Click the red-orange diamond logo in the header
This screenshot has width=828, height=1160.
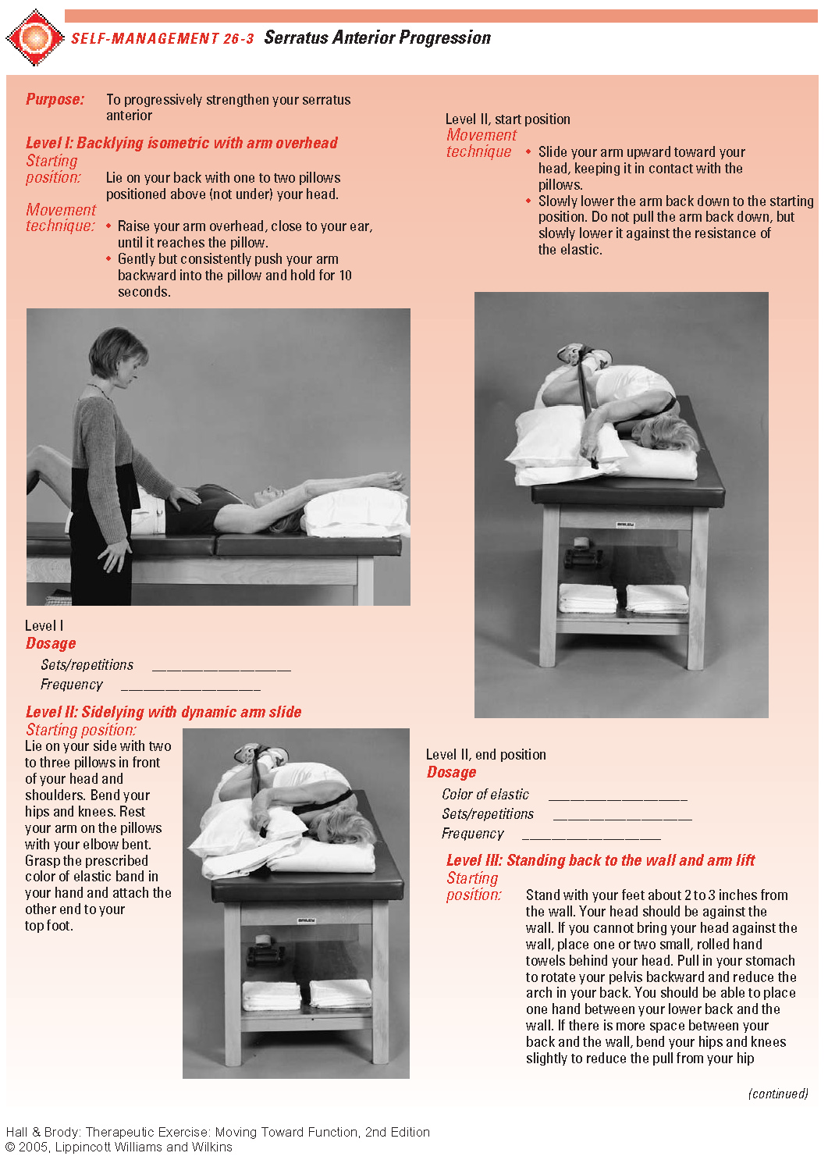point(34,37)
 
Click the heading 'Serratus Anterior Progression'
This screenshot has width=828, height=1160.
point(377,37)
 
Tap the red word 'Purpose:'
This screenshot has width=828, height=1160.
point(55,99)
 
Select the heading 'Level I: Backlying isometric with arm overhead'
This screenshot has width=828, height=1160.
point(181,143)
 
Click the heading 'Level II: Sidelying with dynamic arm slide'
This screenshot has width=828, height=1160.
point(163,712)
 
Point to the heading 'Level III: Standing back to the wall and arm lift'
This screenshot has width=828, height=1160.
point(600,860)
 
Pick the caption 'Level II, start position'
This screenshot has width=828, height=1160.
point(507,119)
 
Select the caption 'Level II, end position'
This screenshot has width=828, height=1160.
point(485,755)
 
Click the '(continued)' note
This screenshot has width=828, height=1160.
point(777,1094)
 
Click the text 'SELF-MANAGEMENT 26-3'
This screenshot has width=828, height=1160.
point(162,38)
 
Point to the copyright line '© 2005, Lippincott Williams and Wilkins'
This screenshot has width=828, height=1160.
point(119,1147)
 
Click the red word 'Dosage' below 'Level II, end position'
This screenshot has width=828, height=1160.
point(451,773)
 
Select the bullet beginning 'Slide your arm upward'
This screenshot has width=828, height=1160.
point(640,168)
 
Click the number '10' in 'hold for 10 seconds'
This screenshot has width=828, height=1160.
point(345,276)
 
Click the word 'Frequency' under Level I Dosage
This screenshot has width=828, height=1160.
point(72,685)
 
